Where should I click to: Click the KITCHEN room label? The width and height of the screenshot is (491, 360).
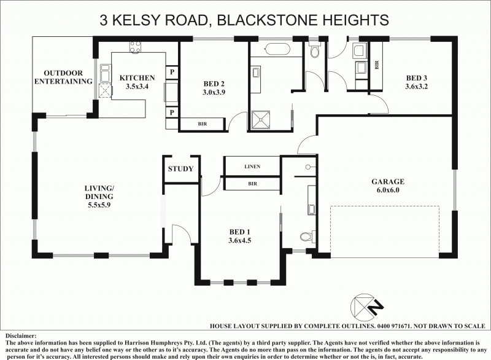tap(137, 77)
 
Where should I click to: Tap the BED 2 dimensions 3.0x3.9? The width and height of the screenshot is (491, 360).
tap(214, 92)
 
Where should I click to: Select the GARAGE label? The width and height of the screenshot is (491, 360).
tap(387, 182)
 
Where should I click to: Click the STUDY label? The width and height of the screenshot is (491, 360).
tap(180, 169)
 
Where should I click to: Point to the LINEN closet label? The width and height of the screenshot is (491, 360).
tap(252, 166)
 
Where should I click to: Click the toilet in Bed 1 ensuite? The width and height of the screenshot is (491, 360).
tap(307, 236)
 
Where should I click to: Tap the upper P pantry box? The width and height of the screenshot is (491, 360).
tap(172, 71)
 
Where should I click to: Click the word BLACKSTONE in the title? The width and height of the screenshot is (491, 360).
tap(271, 20)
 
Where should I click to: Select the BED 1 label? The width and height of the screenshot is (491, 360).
tap(239, 232)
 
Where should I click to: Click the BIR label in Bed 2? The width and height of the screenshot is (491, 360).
tap(202, 124)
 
